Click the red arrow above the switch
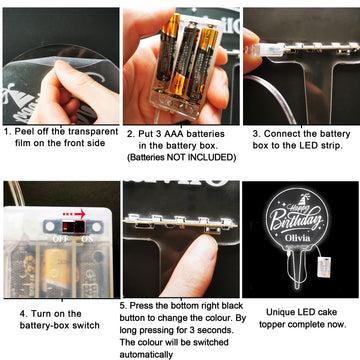(74, 213)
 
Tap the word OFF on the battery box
(60, 239)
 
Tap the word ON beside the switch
(88, 239)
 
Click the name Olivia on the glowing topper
(298, 238)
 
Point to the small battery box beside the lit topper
(323, 267)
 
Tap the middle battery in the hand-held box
(184, 58)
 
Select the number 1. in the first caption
(8, 132)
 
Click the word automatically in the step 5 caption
(146, 355)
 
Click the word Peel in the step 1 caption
(23, 132)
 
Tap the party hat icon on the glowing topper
(304, 199)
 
